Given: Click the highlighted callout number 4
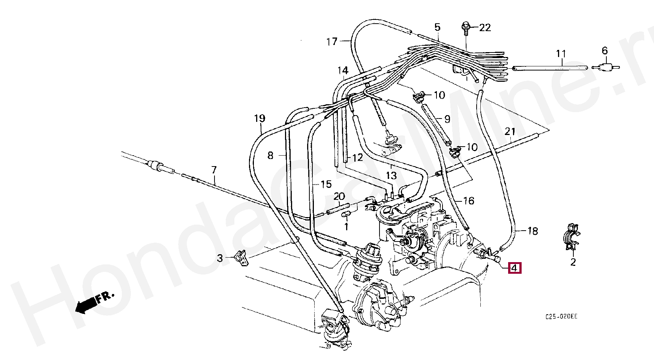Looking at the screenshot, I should pos(514,268).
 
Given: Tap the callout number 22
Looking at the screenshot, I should pos(485,28).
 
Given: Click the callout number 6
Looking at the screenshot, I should pos(604,51).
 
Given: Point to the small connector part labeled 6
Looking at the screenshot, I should pos(605,68).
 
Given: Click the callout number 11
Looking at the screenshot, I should pos(561,54).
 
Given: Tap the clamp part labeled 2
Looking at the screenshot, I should pos(571,237).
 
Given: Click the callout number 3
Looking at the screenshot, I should pos(220,258).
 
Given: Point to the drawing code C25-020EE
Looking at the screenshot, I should pos(561,316).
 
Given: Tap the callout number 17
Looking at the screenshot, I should pos(332,41).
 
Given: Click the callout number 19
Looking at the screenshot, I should pos(259,119).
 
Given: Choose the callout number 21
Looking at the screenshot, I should pos(510,132).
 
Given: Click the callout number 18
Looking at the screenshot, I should pos(532,231).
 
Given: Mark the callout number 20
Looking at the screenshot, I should pos(339,196).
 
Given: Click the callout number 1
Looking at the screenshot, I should pos(346,227).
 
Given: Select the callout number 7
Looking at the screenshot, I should pos(214,170).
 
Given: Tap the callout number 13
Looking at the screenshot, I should pos(391,175).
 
